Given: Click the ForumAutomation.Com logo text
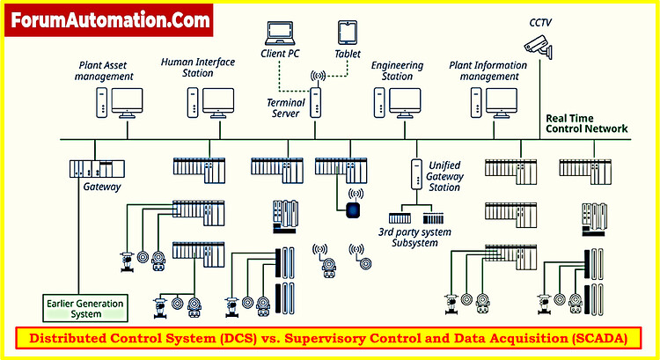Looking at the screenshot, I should pos(111,18).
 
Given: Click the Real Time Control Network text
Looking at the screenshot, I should pos(587,123).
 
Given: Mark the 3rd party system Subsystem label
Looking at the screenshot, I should pos(414,237).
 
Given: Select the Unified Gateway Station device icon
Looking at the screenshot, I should pos(413,176).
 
